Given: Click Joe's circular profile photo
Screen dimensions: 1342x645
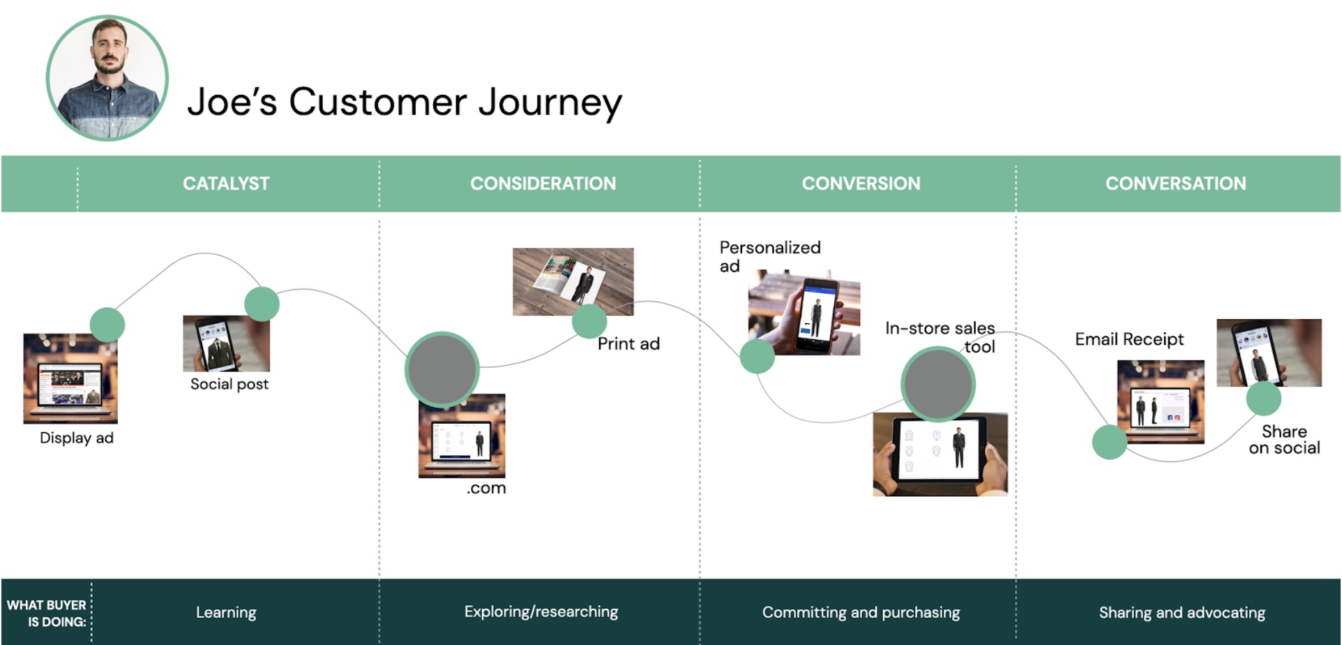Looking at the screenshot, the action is point(107,78).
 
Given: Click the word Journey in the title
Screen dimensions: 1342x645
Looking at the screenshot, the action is point(550,103).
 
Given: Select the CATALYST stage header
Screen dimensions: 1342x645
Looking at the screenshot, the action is point(226,184).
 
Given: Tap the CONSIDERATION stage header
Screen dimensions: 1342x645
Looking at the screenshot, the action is point(543,184).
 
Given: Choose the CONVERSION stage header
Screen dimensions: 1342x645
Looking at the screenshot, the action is point(861,184).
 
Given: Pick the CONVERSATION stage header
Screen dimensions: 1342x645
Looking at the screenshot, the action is point(1175,184).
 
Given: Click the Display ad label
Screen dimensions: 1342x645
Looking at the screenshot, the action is point(77,438).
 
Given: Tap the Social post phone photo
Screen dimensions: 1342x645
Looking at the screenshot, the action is point(226,343).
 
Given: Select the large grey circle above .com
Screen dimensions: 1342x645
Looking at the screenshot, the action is point(442,369).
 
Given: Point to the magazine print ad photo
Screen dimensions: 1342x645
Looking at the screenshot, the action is point(573,281).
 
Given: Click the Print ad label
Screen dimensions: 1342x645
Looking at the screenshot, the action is point(628,343).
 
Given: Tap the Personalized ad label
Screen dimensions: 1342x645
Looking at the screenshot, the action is point(770,256).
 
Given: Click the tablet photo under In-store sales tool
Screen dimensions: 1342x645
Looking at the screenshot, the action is point(940,454).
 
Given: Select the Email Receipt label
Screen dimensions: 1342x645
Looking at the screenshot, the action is point(1129,339).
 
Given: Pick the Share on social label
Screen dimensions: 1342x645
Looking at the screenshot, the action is point(1284,440).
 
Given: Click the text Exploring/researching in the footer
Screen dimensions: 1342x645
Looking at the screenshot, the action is point(541,611).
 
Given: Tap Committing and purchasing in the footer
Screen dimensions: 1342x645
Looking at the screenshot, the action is point(861,612).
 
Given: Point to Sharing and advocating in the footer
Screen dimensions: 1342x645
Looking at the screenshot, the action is point(1182,612).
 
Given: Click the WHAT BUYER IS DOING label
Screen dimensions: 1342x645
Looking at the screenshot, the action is point(47,613).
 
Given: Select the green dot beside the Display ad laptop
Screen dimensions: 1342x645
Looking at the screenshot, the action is point(107,325).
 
